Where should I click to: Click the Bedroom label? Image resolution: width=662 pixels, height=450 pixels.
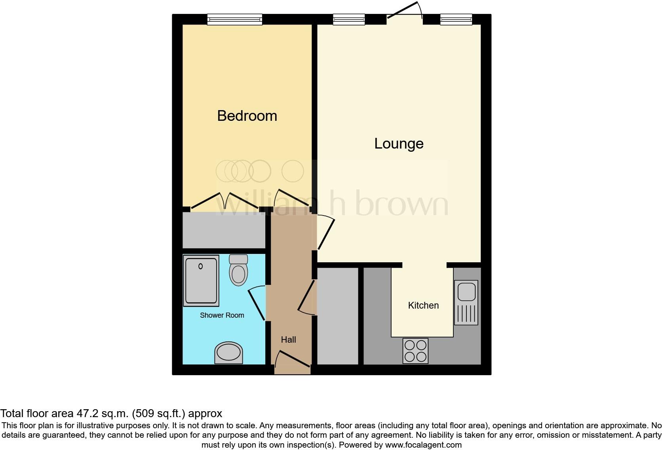coord(247,116)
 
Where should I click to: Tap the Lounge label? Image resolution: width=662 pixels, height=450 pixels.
coord(399,143)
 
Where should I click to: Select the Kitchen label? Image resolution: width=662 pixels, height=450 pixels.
coord(423,305)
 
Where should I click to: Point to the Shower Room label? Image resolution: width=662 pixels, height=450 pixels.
coord(222,315)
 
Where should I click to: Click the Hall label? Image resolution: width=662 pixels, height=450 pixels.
coord(288,339)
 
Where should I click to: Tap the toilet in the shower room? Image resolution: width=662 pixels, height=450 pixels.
coord(238,270)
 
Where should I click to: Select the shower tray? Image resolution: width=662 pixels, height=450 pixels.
coord(201,280)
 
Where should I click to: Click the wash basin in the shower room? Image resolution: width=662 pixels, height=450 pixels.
coord(228,353)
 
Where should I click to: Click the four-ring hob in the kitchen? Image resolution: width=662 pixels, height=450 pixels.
coord(415,351)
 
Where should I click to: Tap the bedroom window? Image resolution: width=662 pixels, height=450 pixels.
coord(235,19)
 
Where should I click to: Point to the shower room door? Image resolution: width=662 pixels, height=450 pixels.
coord(257,303)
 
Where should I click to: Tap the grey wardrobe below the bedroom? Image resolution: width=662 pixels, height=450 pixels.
coord(224,231)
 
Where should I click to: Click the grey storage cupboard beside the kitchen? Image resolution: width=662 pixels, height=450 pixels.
coord(338,316)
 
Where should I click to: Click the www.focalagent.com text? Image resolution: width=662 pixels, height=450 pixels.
coord(423,445)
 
